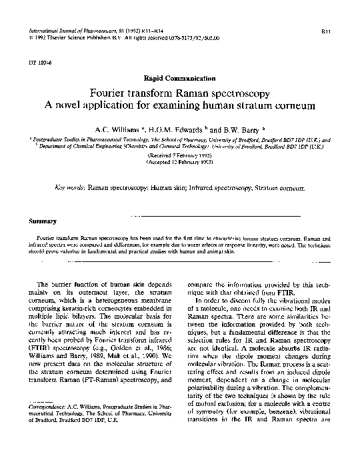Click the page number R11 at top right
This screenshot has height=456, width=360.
coord(327,31)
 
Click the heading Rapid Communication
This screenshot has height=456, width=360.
coord(180,78)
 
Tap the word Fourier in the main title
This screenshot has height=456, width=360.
coord(109,93)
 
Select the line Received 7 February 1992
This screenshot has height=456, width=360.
coord(180,153)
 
